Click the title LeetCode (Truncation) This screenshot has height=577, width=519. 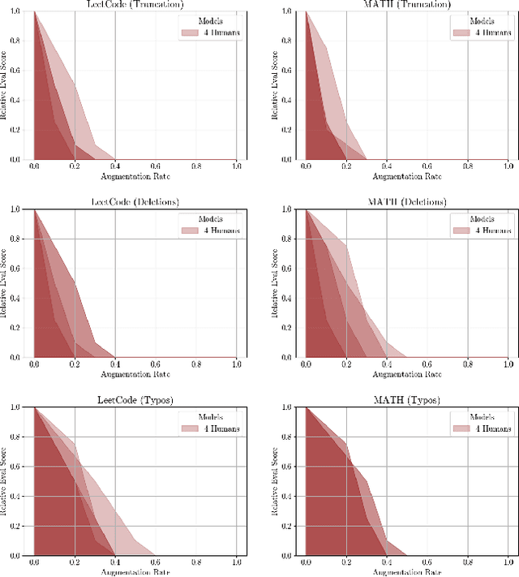click(135, 4)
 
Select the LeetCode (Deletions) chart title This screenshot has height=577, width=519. click(135, 201)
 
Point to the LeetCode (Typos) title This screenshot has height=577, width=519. click(135, 399)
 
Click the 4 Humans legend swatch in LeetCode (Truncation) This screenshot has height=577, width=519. click(189, 32)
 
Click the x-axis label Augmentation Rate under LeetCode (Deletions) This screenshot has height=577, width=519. click(135, 374)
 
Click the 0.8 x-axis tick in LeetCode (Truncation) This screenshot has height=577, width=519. click(195, 166)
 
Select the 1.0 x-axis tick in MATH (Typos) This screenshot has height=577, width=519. click(508, 562)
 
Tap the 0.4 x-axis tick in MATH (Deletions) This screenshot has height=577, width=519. click(386, 364)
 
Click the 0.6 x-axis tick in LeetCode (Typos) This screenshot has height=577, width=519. click(155, 562)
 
